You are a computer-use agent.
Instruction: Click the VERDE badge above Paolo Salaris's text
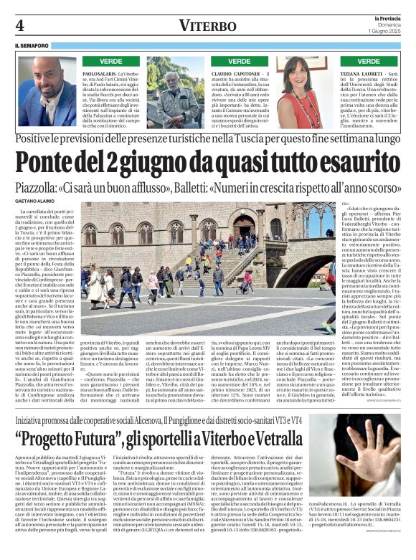click(110, 62)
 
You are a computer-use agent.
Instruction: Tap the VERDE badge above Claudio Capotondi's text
click(239, 62)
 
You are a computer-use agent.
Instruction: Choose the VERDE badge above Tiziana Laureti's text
click(368, 62)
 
